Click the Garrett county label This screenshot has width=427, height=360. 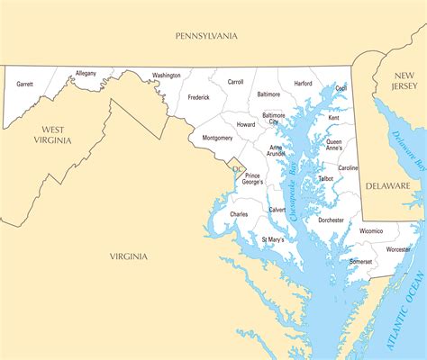click(24, 84)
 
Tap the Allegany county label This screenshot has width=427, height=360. click(86, 73)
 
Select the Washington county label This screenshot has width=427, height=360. click(167, 76)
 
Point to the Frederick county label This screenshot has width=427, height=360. click(198, 97)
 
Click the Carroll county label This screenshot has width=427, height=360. click(236, 82)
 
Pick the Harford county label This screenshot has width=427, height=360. click(304, 84)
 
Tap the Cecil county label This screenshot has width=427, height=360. click(341, 88)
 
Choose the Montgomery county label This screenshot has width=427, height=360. click(217, 138)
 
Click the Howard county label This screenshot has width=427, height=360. click(246, 125)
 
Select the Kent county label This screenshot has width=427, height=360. click(334, 118)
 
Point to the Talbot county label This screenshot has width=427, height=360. click(325, 179)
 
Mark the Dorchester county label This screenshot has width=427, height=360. click(331, 220)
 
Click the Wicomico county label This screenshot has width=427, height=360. click(371, 230)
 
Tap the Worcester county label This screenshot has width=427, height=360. click(397, 248)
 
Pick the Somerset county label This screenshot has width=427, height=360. click(360, 261)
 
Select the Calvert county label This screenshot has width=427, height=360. click(277, 209)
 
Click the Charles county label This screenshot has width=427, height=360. click(239, 214)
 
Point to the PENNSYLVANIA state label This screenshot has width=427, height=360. click(206, 36)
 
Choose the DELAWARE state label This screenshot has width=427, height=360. click(387, 185)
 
